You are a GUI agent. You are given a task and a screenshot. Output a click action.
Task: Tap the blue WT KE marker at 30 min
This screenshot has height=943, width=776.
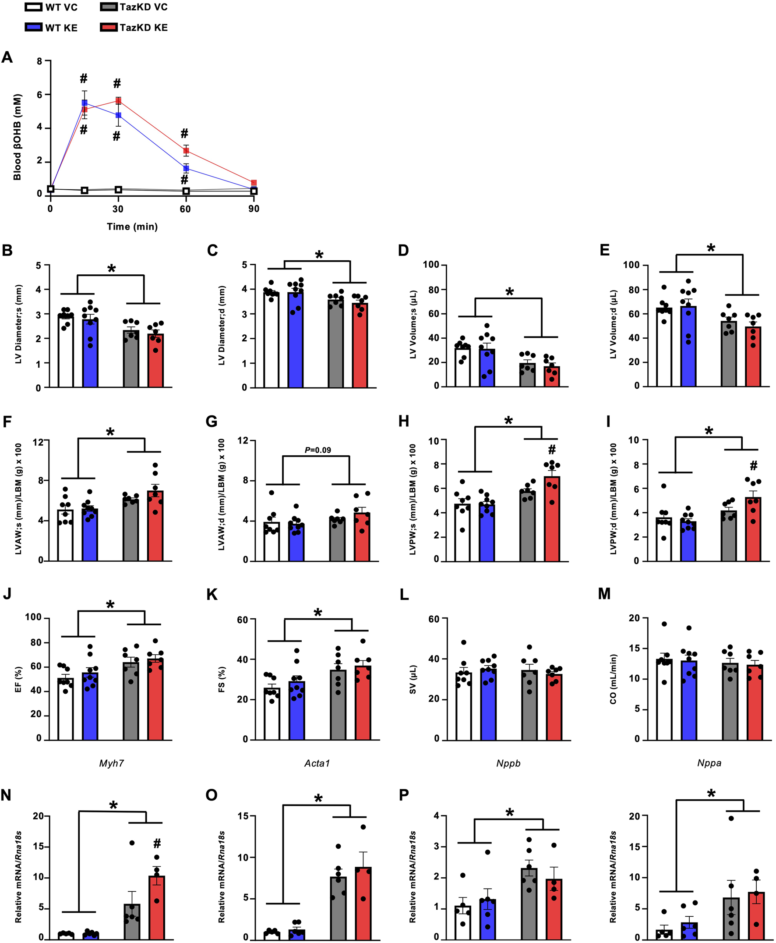point(118,115)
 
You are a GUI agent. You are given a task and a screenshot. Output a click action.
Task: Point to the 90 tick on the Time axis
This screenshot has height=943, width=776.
point(254,209)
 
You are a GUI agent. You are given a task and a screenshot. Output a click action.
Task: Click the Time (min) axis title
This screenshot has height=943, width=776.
point(132,227)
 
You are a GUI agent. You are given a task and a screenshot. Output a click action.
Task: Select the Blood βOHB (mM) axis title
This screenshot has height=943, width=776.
point(18,137)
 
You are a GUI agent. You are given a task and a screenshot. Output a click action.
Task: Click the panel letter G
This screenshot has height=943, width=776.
point(212,422)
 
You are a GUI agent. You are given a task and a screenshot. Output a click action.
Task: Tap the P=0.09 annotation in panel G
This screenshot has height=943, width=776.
point(318,450)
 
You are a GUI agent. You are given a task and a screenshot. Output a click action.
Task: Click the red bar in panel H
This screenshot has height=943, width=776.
point(552,519)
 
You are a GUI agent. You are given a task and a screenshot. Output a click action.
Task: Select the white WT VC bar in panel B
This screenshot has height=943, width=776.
point(66,351)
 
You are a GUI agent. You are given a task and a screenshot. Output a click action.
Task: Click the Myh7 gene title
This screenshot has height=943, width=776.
point(111,763)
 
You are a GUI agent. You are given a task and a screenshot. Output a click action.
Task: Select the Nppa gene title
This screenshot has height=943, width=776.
point(709,763)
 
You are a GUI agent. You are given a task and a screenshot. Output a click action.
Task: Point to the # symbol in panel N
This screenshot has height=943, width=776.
point(157,844)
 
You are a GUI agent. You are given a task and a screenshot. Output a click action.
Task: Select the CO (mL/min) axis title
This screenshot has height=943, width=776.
point(613,679)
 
